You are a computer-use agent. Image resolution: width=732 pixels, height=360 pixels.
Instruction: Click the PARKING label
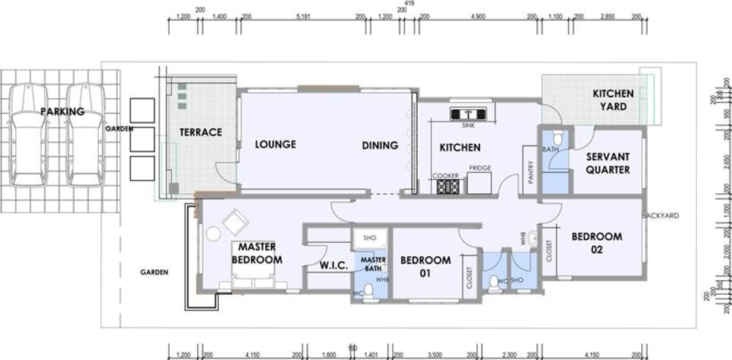tap(62, 112)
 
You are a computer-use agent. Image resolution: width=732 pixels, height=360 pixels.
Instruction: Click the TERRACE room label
tap(201, 132)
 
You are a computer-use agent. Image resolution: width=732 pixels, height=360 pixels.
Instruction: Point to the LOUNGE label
tap(275, 144)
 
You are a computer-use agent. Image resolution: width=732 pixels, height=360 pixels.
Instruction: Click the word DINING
tap(380, 145)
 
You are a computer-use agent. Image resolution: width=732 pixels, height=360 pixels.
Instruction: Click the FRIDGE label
tap(479, 168)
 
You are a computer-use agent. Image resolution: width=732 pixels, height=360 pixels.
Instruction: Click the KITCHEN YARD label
tap(609, 100)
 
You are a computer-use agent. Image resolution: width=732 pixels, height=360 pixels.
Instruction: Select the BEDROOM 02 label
tap(597, 243)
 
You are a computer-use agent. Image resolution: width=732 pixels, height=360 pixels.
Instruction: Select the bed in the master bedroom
tap(253, 281)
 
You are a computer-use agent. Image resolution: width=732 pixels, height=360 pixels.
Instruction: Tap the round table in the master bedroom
tap(212, 234)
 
